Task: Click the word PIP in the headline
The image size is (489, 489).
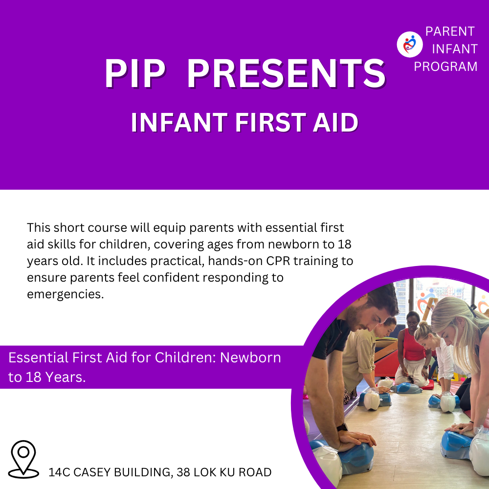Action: tap(135, 74)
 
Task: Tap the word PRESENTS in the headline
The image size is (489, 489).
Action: tap(286, 74)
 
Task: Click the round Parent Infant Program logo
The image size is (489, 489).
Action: tap(409, 44)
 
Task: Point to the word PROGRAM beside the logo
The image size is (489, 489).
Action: tap(445, 67)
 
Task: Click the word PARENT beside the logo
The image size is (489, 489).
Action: tap(450, 31)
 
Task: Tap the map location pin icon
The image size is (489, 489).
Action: tap(23, 459)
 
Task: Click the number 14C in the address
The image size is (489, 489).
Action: tap(59, 472)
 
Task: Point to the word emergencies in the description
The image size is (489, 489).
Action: tap(65, 294)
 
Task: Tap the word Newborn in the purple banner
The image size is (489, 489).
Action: tap(250, 358)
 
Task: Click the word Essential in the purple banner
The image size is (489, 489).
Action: tap(38, 358)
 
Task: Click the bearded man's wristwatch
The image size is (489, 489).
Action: tap(342, 426)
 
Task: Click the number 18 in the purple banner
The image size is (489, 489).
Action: tap(34, 378)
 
